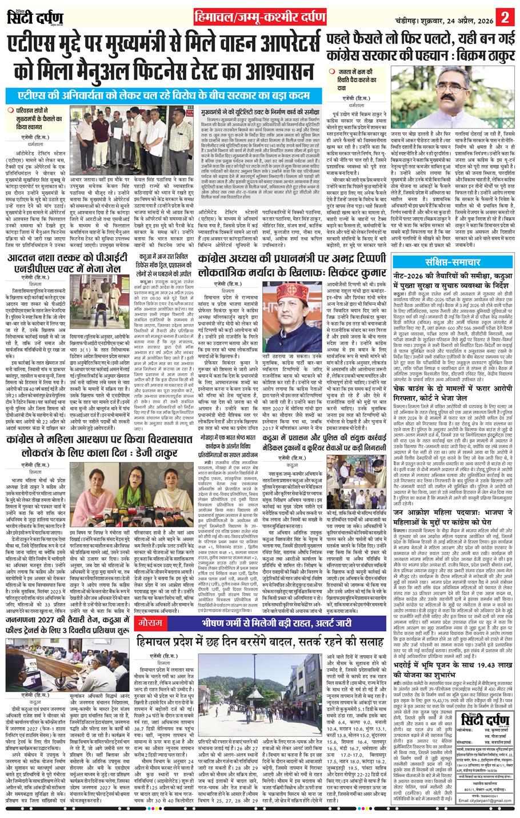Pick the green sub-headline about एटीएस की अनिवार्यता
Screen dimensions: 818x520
[157, 94]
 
